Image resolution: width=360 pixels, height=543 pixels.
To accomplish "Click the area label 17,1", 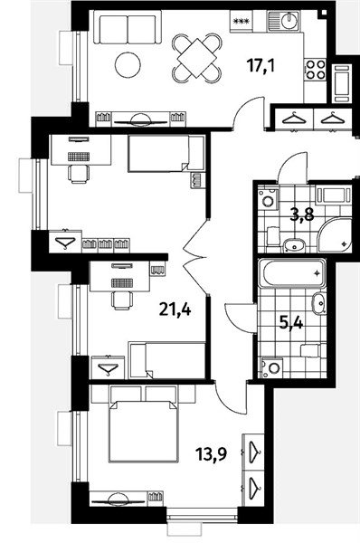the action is tap(261, 65).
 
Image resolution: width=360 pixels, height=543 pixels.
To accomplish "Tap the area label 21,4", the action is tap(175, 309).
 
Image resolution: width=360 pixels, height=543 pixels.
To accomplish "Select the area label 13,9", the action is tap(211, 453).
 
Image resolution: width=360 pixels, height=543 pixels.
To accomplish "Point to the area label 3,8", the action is tap(302, 215).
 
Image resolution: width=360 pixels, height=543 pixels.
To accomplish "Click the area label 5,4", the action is tap(291, 324).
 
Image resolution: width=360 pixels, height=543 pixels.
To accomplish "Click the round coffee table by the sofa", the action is tap(128, 65).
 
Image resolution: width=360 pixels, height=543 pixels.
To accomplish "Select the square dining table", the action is tap(196, 59).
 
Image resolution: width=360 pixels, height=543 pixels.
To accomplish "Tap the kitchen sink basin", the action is tap(288, 22).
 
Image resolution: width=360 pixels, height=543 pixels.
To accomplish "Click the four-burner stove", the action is tap(316, 70).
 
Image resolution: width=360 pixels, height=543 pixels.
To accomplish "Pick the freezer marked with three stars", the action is tap(242, 21).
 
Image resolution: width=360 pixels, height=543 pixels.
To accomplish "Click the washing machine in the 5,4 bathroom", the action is tap(272, 367).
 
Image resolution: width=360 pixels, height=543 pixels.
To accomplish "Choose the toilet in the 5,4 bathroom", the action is tap(313, 350).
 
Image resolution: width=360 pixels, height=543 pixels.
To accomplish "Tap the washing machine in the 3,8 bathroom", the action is tap(268, 199).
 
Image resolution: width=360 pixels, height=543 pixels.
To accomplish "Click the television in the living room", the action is tap(141, 120).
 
